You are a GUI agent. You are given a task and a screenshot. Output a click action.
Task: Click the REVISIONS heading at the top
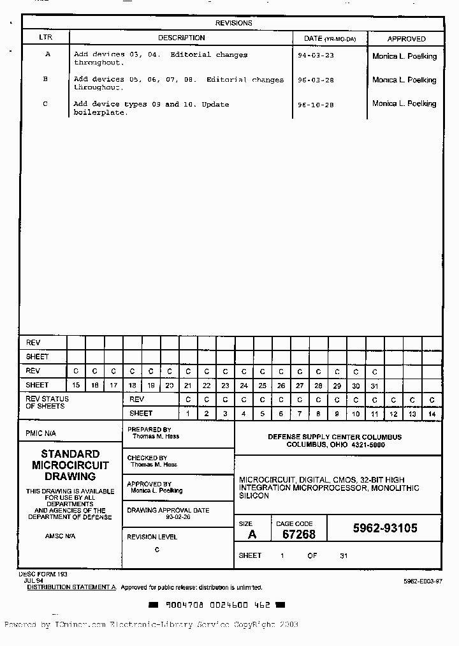(233, 23)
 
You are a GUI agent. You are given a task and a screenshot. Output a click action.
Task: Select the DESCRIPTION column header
(181, 38)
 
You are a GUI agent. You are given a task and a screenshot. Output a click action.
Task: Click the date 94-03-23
(316, 56)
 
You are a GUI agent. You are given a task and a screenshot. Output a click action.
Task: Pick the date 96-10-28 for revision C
(316, 105)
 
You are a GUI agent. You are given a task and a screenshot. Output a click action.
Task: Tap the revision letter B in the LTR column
(45, 80)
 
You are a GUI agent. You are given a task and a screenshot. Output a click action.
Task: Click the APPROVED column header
(406, 39)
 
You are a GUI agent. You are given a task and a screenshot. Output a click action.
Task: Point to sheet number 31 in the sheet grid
(374, 386)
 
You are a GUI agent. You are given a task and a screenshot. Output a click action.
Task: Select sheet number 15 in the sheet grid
(76, 386)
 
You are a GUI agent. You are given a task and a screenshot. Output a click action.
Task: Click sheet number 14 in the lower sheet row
(432, 414)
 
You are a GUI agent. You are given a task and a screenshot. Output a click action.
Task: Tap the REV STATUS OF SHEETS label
(47, 403)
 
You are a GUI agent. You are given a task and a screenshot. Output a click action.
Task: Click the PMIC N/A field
(41, 433)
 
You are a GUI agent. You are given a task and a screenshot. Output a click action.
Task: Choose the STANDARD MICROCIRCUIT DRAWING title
(70, 465)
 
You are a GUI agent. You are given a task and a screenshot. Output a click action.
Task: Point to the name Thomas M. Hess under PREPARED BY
(156, 437)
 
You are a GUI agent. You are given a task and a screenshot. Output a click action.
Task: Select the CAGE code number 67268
(298, 535)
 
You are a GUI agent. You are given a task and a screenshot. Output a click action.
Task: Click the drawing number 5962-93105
(385, 529)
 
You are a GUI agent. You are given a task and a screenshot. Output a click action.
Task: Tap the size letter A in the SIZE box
(252, 535)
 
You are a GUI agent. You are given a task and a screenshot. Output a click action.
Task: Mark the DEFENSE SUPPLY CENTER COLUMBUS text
(335, 437)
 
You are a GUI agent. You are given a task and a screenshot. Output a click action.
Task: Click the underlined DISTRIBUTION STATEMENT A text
(71, 587)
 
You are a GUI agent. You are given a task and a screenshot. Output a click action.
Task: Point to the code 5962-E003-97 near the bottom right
(422, 582)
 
